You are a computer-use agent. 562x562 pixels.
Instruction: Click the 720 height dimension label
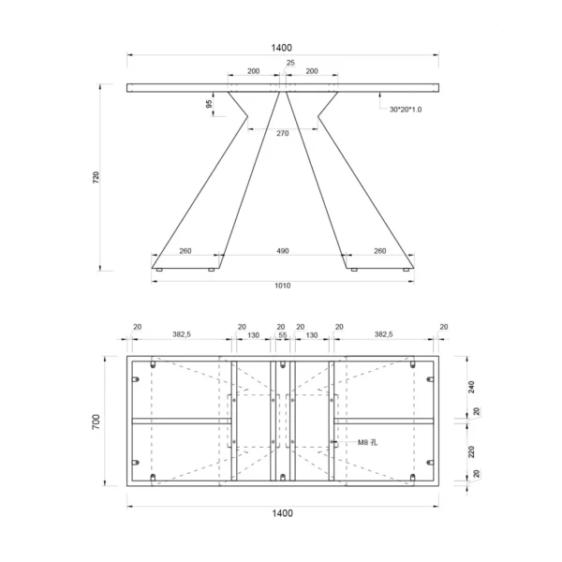(x=96, y=178)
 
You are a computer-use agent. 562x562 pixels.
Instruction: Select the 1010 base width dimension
(x=283, y=285)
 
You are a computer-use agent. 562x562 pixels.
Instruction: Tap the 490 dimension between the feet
(x=283, y=250)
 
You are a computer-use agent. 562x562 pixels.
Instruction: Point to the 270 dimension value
(x=283, y=133)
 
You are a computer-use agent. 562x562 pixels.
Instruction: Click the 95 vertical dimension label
(x=209, y=104)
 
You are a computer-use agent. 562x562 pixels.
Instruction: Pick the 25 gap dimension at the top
(x=289, y=63)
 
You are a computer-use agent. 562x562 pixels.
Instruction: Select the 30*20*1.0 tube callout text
(x=406, y=110)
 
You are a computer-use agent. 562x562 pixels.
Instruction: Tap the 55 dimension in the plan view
(x=282, y=334)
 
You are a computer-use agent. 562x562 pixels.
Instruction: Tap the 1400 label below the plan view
(x=283, y=512)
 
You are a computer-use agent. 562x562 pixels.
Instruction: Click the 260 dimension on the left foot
(x=185, y=250)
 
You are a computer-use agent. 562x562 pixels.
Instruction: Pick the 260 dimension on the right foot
(x=379, y=250)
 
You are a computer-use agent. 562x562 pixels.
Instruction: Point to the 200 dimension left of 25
(x=254, y=71)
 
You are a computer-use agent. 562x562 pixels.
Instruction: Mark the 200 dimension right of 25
(x=312, y=71)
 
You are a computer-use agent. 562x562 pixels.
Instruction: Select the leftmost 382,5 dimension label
(x=184, y=334)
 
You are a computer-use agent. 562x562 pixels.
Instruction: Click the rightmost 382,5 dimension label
(x=384, y=334)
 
